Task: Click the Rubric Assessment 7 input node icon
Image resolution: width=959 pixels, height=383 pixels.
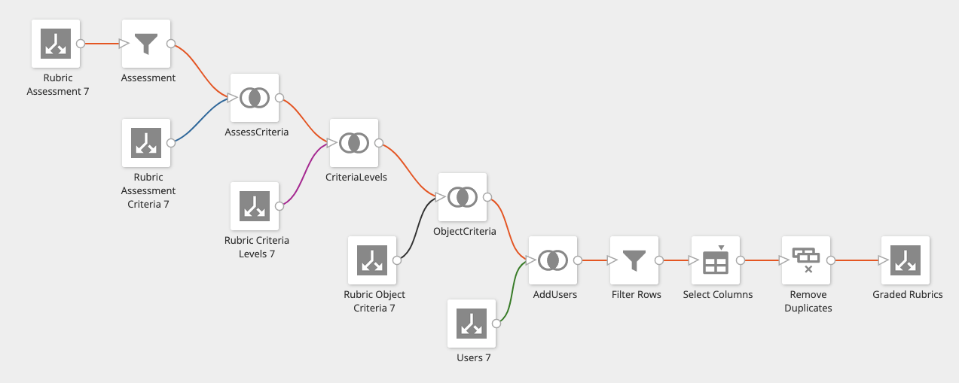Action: coord(56,44)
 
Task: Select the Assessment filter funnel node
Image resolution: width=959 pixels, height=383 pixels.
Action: coord(146,44)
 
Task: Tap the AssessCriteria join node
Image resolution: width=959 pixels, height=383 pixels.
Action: coord(255,98)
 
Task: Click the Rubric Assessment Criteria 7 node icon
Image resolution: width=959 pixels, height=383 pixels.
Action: coord(146,143)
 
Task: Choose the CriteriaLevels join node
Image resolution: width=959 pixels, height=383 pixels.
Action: coord(354,143)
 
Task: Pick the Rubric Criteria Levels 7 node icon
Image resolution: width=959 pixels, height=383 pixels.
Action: coord(255,206)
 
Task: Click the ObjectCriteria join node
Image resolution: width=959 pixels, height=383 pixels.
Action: coord(463,197)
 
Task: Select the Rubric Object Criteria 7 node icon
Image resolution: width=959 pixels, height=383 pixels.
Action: coord(372,260)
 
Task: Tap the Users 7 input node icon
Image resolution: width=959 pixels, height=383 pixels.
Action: coord(472,324)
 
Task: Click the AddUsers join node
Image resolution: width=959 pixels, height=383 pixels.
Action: coord(553,260)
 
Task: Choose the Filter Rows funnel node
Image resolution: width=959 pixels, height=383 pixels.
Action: coord(634,260)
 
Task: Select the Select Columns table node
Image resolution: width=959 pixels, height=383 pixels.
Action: coord(716,260)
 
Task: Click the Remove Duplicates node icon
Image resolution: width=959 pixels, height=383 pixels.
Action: coord(806,260)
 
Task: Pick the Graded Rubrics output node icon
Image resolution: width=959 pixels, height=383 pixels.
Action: coord(906,260)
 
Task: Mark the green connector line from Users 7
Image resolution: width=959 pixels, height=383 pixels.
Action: coord(512,293)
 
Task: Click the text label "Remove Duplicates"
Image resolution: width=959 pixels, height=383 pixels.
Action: coord(808,301)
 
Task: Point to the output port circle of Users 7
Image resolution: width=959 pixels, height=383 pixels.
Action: coord(496,324)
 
